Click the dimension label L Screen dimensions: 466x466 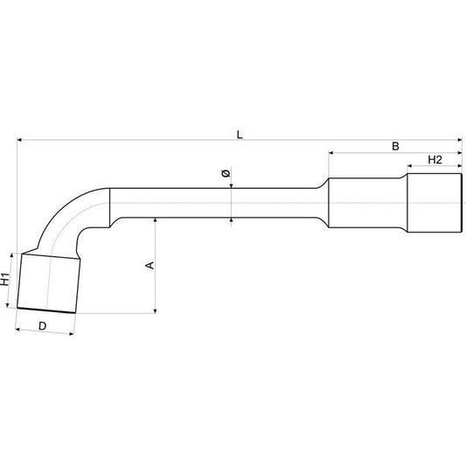pos(240,132)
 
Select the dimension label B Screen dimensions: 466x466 pos(395,144)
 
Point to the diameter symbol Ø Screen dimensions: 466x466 pos(226,177)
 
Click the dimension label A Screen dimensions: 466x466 pos(149,265)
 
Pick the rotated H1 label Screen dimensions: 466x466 pos(5,280)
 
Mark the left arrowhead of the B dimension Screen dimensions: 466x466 pos(332,152)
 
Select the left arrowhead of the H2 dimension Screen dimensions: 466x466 pos(407,166)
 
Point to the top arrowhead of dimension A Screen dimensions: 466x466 pos(155,221)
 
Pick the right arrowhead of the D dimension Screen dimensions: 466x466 pos(79,330)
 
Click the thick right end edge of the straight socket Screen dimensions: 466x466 pos(460,203)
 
